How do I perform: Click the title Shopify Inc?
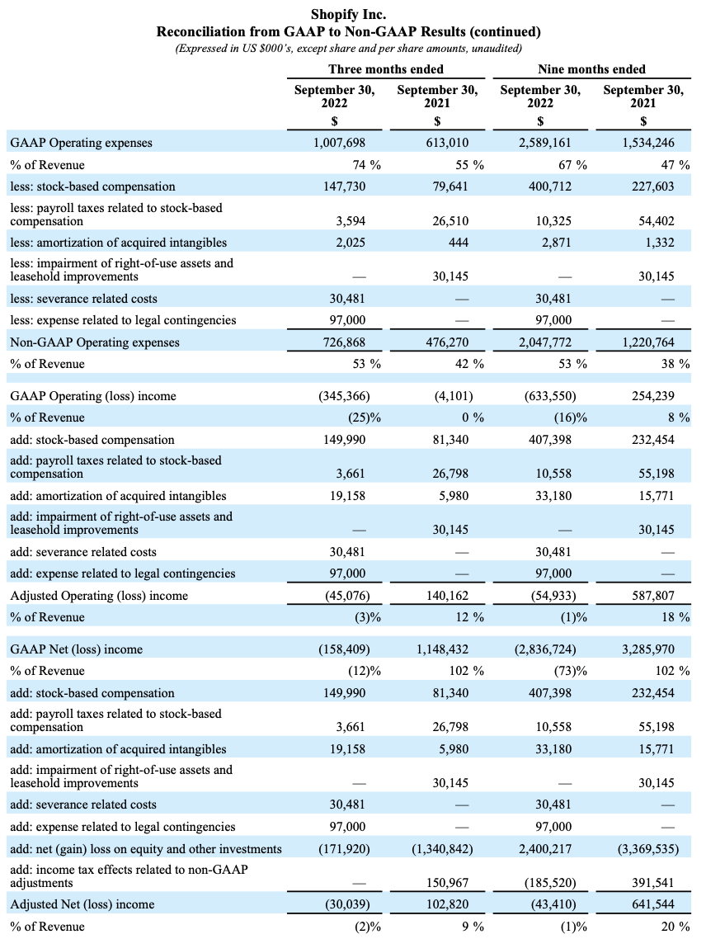[349, 14]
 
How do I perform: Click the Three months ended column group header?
[386, 69]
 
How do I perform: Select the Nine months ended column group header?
[591, 69]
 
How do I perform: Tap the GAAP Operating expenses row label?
[82, 143]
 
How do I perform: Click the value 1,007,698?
[340, 143]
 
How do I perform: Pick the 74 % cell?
[367, 165]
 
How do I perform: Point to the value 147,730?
[344, 186]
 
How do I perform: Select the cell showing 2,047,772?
[545, 342]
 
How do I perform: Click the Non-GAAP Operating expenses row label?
[95, 342]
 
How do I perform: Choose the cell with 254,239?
[652, 396]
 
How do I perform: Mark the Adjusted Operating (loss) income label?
[99, 596]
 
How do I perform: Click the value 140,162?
[447, 596]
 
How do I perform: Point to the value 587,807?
[652, 596]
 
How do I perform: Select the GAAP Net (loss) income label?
[77, 649]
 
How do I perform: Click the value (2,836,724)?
[545, 649]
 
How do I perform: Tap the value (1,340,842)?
[442, 849]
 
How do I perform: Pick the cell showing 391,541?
[652, 883]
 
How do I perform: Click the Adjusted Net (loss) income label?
[82, 905]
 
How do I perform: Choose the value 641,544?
[652, 905]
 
